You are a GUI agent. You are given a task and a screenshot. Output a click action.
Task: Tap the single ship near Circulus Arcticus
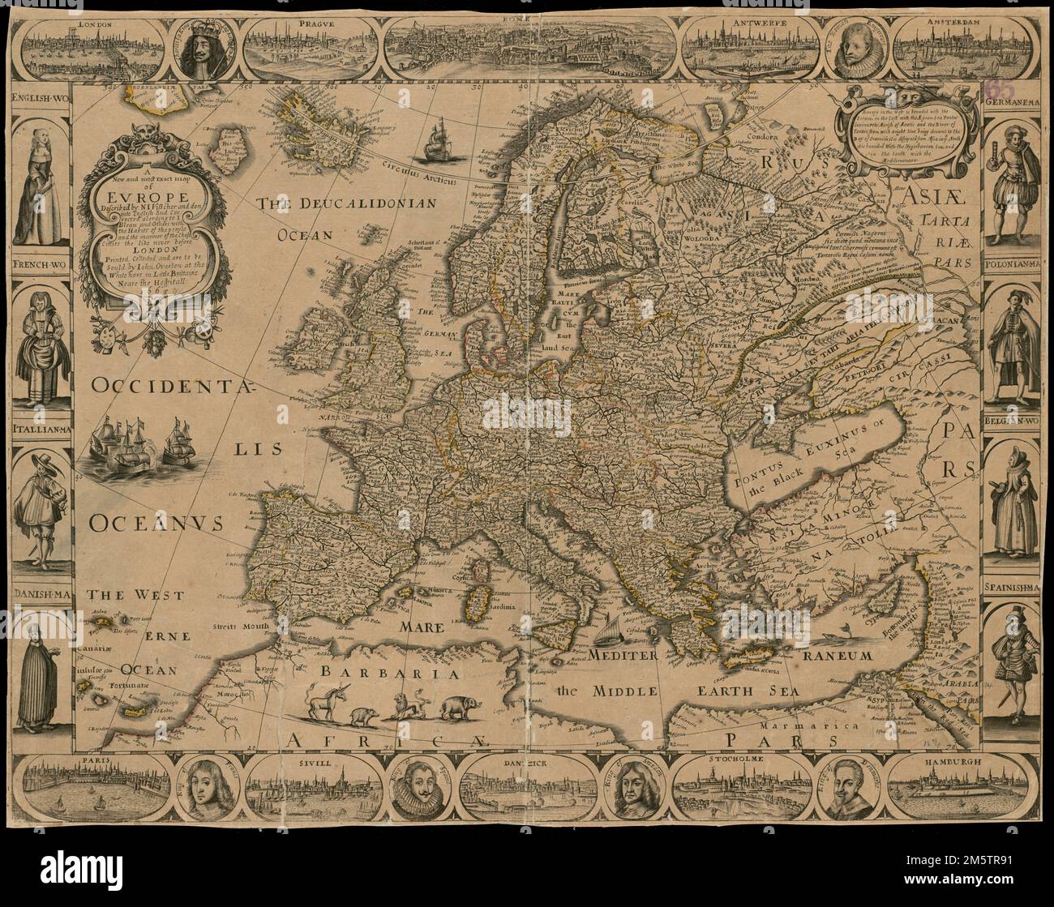click(437, 140)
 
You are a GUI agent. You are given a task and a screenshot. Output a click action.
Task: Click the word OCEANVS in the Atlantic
click(156, 524)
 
